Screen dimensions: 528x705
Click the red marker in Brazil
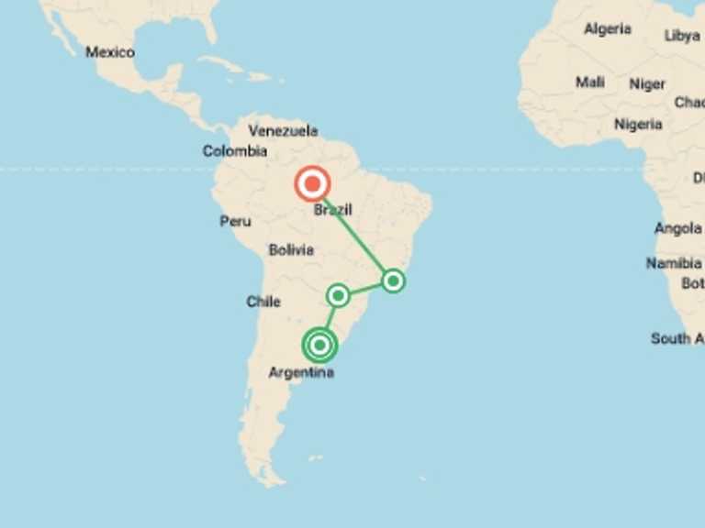pos(312,184)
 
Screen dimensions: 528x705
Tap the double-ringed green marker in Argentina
pos(319,346)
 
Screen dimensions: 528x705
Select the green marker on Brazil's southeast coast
pos(393,280)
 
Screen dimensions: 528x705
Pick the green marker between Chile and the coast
pos(339,295)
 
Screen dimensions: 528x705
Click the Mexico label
pos(110,52)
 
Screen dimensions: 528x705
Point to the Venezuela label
pos(283,131)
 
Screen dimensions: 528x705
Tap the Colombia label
pos(235,151)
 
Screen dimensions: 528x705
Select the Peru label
pos(235,221)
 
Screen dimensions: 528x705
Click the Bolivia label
pos(291,249)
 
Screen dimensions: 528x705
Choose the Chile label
pos(263,302)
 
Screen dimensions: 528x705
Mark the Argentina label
pos(301,373)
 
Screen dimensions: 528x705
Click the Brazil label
pos(332,210)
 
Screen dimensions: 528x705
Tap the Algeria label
pos(608,29)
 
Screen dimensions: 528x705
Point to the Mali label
pos(590,82)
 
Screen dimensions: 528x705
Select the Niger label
pos(647,84)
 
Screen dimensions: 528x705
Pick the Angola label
pos(678,228)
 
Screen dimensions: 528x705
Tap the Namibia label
pos(673,263)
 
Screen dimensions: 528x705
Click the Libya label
pos(682,36)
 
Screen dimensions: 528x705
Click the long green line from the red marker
pos(354,235)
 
